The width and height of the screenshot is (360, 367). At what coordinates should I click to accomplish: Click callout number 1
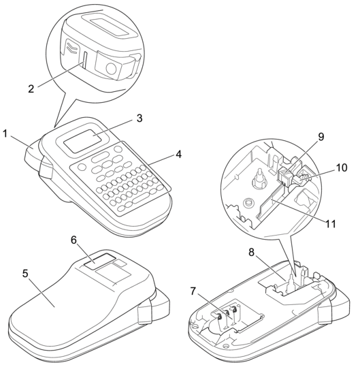pyautogui.click(x=5, y=134)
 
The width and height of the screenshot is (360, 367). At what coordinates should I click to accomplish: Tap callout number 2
pyautogui.click(x=31, y=89)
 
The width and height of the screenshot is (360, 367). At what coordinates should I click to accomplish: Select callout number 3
pyautogui.click(x=140, y=118)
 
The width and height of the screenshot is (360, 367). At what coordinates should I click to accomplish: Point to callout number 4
pyautogui.click(x=178, y=155)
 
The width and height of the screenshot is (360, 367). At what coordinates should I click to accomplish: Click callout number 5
pyautogui.click(x=25, y=274)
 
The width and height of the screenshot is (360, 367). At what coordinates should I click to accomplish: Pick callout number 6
pyautogui.click(x=74, y=240)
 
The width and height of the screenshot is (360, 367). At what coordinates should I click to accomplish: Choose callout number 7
pyautogui.click(x=193, y=291)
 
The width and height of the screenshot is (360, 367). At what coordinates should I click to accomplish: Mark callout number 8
pyautogui.click(x=252, y=253)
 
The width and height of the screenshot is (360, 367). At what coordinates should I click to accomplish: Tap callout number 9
pyautogui.click(x=321, y=137)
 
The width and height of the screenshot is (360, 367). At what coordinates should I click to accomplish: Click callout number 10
pyautogui.click(x=342, y=167)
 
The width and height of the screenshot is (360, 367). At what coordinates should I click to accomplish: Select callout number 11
pyautogui.click(x=331, y=224)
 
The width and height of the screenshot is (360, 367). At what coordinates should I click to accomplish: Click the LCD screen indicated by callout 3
pyautogui.click(x=83, y=141)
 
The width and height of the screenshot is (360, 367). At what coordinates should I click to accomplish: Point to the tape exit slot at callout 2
pyautogui.click(x=84, y=60)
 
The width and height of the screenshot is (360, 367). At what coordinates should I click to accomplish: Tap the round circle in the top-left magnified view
pyautogui.click(x=111, y=68)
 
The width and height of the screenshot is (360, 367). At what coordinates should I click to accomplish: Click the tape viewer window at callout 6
pyautogui.click(x=100, y=261)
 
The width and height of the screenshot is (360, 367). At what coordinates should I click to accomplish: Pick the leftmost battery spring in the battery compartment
pyautogui.click(x=219, y=317)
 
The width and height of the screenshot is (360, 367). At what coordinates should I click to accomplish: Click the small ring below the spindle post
pyautogui.click(x=248, y=202)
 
